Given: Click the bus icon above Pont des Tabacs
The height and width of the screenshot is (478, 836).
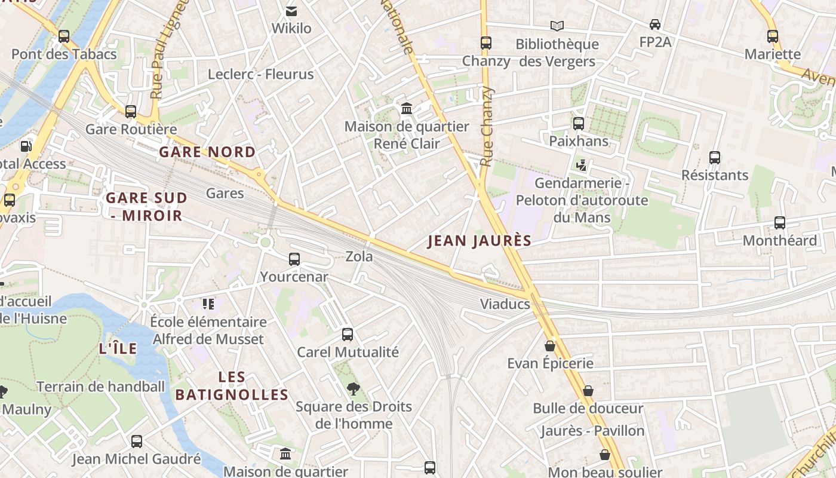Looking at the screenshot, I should click(64, 36).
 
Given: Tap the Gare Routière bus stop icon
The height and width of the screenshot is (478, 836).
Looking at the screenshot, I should click(131, 111).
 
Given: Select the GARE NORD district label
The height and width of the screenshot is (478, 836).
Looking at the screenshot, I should click(207, 152).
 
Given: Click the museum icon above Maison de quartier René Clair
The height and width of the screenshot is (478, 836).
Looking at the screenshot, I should click(407, 108).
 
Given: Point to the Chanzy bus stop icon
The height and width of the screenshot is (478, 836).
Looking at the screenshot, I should click(486, 43).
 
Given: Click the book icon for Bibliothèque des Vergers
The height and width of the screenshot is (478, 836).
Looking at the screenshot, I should click(557, 26).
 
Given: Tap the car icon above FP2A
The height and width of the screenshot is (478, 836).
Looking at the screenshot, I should click(655, 24).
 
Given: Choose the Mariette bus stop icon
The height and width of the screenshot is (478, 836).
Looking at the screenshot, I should click(773, 36).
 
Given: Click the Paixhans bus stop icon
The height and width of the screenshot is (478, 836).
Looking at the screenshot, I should click(579, 124).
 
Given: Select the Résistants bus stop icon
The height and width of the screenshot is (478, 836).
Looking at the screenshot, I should click(715, 158).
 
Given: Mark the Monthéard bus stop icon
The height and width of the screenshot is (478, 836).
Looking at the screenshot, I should click(780, 223).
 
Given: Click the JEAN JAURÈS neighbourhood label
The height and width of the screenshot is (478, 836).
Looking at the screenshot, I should click(480, 241).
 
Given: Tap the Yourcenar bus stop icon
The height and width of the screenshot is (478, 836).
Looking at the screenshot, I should click(294, 259).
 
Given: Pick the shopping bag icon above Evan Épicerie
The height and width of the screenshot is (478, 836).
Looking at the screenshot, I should click(550, 346).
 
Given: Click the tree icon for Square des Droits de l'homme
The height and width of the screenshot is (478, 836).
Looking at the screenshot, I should click(354, 389).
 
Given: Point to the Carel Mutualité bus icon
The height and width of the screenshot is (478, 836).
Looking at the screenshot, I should click(348, 335).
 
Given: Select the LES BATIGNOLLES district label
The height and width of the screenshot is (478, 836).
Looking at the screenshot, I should click(232, 385).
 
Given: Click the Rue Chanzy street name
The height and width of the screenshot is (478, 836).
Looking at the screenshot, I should click(487, 127).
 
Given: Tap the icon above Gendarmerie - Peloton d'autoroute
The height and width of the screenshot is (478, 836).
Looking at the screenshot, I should click(582, 165).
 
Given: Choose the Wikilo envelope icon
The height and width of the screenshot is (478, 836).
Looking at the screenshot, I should click(291, 11).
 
